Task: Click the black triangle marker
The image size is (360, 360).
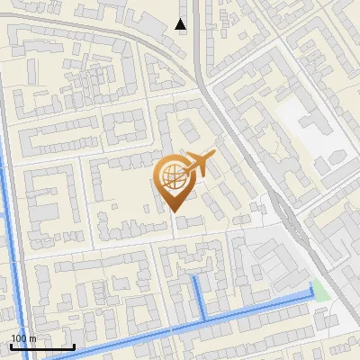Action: [181, 24]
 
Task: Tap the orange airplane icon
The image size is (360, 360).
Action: [199, 165]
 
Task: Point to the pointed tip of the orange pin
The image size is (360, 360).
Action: [173, 211]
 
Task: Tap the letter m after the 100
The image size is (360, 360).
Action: [33, 338]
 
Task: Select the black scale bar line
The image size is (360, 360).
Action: [42, 346]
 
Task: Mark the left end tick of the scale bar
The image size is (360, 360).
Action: [11, 346]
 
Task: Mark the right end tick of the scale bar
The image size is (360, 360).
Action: [74, 346]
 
